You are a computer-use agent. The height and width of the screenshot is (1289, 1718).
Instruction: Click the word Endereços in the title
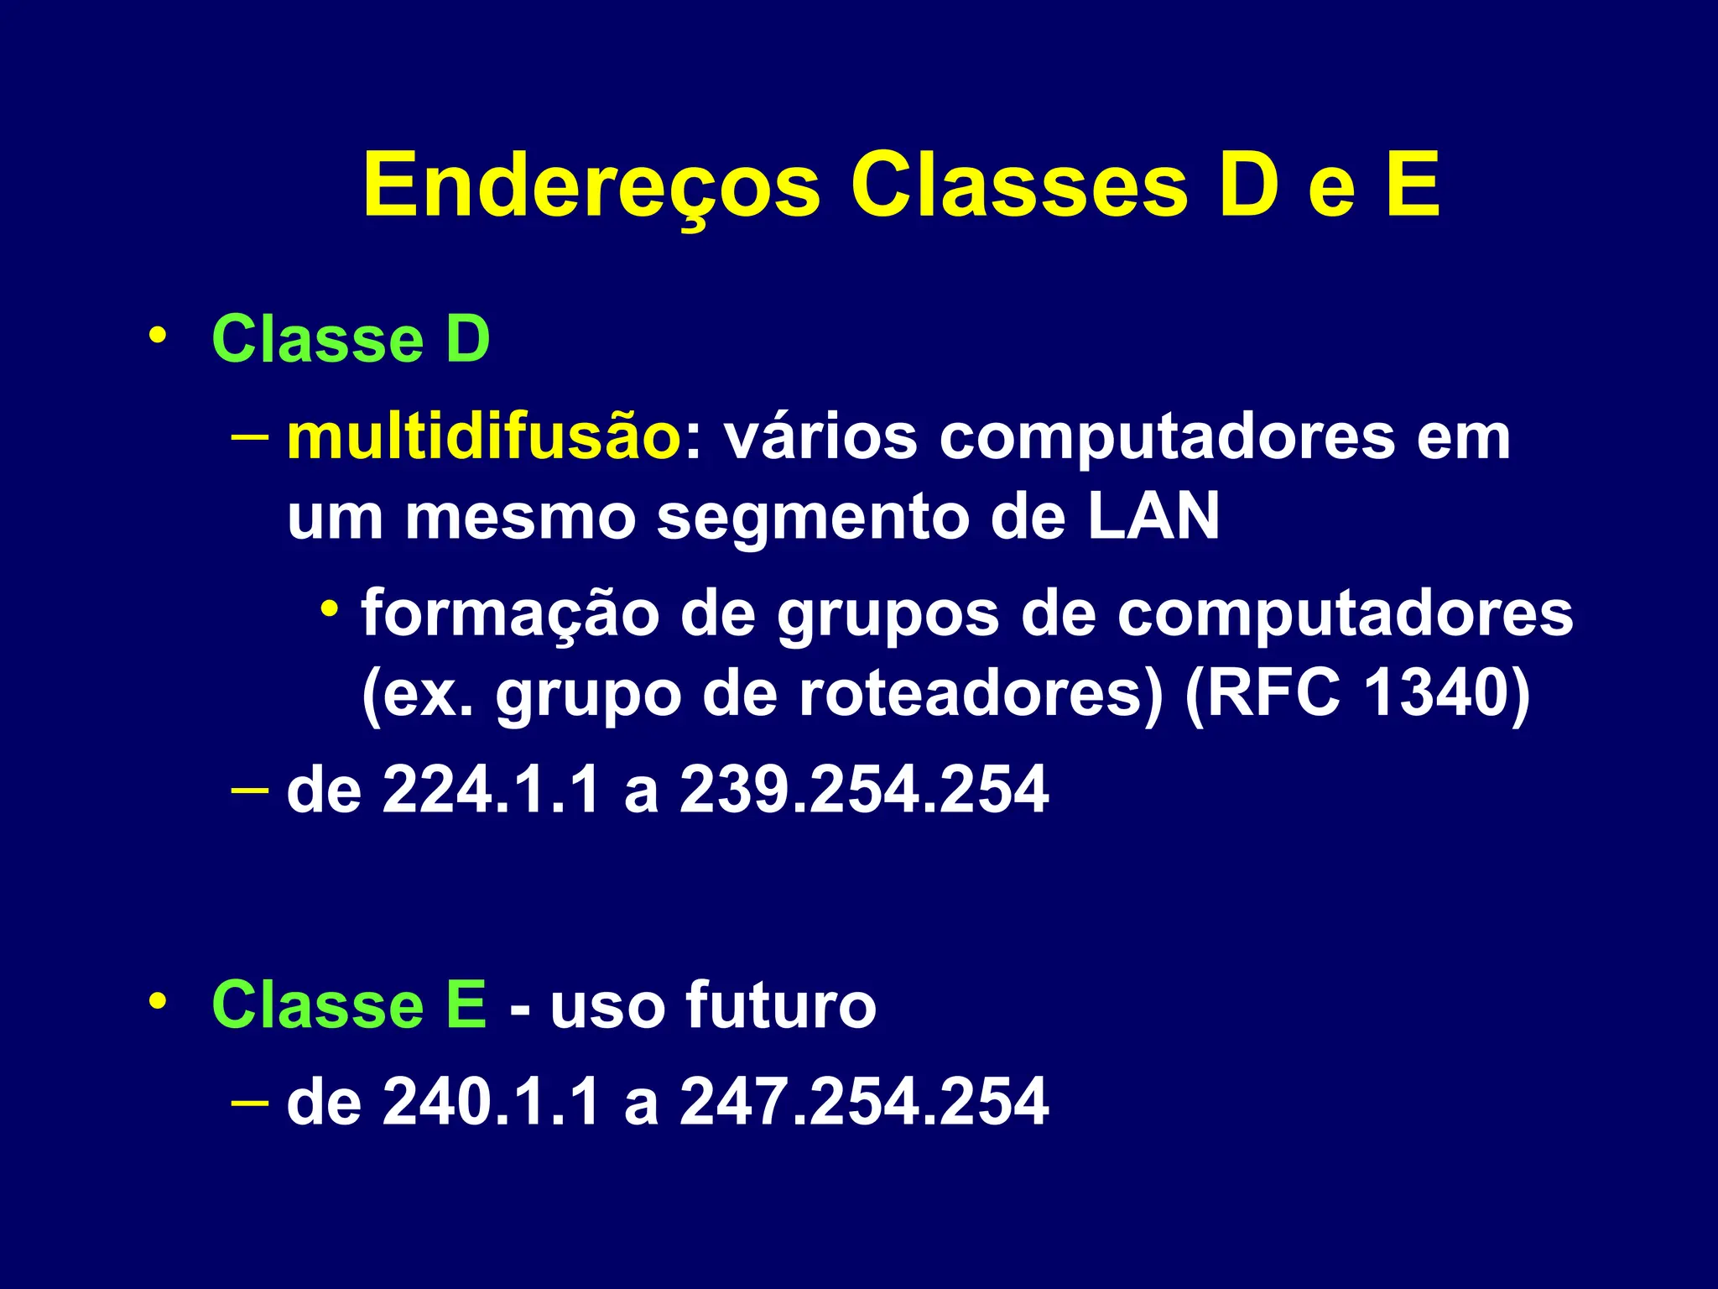(591, 186)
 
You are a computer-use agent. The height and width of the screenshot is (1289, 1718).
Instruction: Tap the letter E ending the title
(1413, 185)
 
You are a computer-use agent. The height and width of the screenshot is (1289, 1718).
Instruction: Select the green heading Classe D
(351, 339)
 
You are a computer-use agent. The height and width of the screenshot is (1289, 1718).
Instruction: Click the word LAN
(1153, 516)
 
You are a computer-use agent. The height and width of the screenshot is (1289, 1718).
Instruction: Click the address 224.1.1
(491, 790)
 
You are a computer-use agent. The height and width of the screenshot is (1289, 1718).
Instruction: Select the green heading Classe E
(349, 1005)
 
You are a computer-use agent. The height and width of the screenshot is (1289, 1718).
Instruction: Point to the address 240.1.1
(491, 1101)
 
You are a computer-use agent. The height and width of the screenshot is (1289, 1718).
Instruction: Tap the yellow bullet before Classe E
(156, 1001)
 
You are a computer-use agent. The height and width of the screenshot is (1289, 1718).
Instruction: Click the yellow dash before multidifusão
(249, 436)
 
